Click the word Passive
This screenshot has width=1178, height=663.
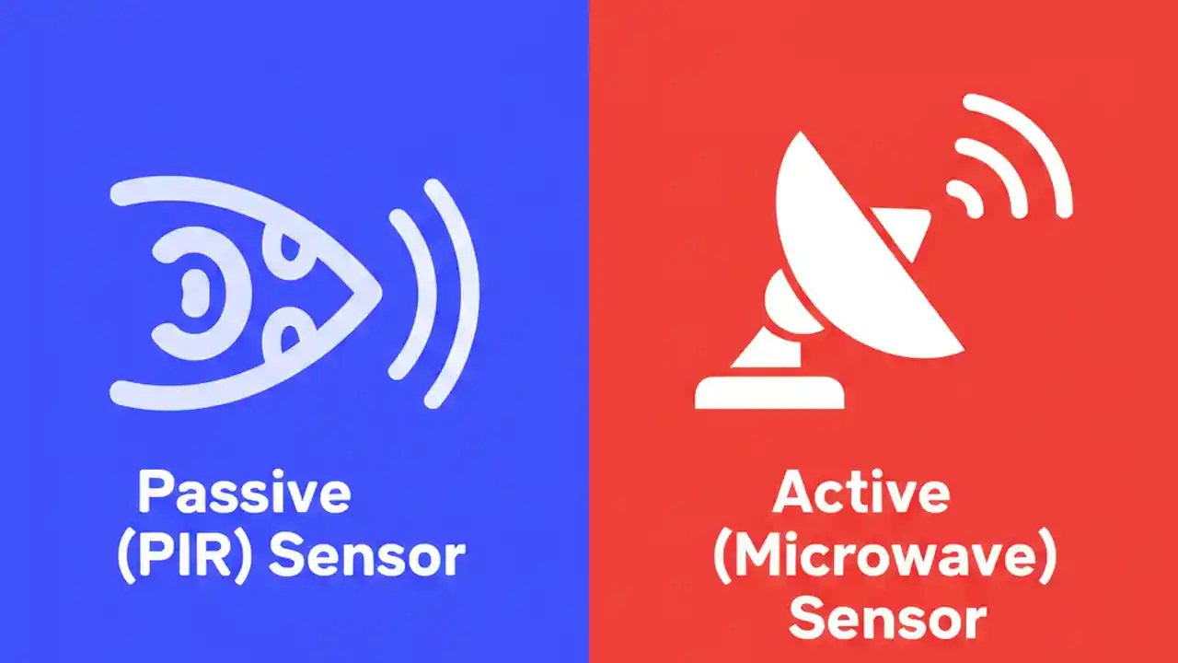(x=244, y=494)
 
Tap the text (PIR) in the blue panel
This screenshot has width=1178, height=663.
(x=183, y=556)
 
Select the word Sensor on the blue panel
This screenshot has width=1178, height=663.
(x=366, y=556)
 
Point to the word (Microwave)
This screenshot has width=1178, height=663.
(x=884, y=556)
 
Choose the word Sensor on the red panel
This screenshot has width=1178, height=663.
(x=887, y=618)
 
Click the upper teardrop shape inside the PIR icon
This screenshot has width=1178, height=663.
(x=293, y=250)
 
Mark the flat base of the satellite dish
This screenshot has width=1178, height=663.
(x=769, y=390)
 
